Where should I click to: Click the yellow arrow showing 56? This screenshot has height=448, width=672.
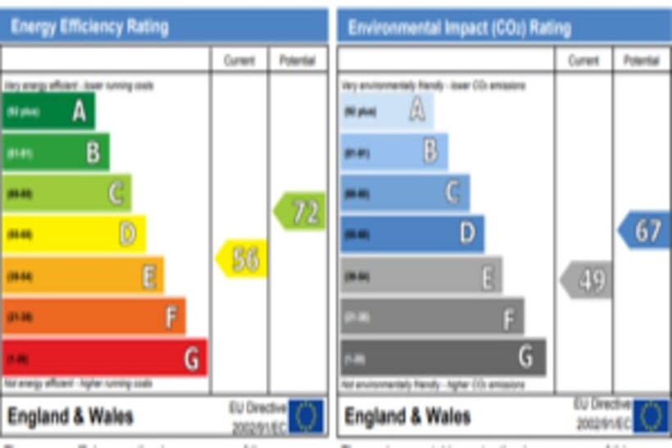tap(242, 259)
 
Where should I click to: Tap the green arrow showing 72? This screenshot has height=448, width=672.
tap(300, 211)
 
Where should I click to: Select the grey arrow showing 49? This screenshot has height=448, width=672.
tap(586, 281)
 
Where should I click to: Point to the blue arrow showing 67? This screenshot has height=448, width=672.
tap(644, 230)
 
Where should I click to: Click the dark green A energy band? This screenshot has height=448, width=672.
tap(48, 111)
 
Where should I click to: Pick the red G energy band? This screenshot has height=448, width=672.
tap(104, 358)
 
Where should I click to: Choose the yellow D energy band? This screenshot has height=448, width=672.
tap(74, 234)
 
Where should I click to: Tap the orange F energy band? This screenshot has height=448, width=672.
tap(93, 316)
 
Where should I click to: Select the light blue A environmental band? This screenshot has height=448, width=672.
tap(387, 111)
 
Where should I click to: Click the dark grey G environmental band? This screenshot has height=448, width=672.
tap(443, 358)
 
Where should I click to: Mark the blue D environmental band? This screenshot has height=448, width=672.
tap(412, 234)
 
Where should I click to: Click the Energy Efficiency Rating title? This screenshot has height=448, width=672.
tap(89, 26)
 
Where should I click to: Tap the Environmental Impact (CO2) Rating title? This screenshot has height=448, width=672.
tap(459, 28)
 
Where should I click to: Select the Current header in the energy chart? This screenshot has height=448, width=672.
tap(239, 61)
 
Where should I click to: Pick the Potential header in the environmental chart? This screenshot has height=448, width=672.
tap(641, 61)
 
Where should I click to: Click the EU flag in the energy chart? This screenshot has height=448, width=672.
tap(305, 416)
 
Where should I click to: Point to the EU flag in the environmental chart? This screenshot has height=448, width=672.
tap(651, 416)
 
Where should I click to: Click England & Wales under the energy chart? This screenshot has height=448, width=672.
tap(70, 416)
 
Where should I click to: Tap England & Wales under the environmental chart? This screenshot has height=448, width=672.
tap(407, 416)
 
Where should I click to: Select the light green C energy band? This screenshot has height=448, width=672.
tap(66, 193)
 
